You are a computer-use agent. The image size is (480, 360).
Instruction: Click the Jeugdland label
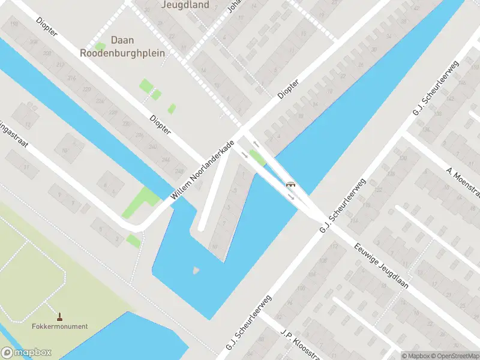click(185, 5)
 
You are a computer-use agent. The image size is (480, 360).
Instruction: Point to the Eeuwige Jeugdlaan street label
click(381, 265)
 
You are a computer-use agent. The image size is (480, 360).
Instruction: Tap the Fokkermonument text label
click(60, 326)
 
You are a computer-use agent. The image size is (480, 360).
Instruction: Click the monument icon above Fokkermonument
click(59, 316)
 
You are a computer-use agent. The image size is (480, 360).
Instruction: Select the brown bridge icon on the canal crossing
click(290, 184)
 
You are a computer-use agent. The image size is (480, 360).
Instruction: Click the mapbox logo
click(26, 353)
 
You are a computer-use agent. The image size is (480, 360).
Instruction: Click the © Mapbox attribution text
click(416, 356)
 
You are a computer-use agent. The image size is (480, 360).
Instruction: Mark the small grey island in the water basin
click(196, 271)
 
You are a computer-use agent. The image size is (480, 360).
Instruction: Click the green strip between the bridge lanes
click(258, 158)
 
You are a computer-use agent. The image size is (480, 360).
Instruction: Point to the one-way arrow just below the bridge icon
click(291, 196)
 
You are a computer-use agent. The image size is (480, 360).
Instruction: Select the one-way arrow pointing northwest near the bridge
click(256, 143)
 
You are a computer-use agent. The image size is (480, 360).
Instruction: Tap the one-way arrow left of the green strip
click(245, 155)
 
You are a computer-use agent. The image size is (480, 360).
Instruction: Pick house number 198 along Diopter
click(13, 24)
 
